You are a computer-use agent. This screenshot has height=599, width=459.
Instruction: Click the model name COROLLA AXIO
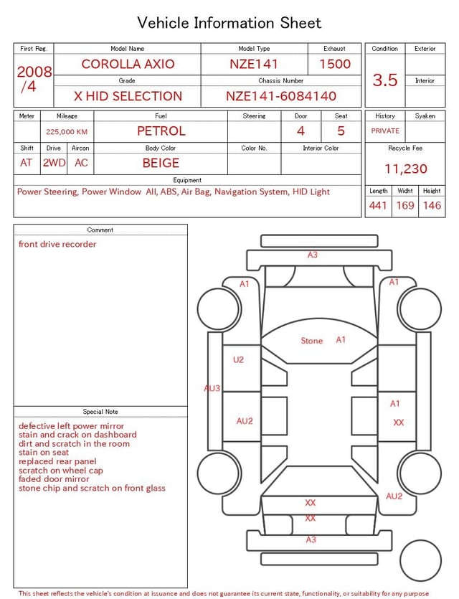pyautogui.click(x=128, y=64)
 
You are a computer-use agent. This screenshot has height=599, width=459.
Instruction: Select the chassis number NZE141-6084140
pyautogui.click(x=281, y=96)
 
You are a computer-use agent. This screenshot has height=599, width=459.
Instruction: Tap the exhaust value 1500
pyautogui.click(x=335, y=64)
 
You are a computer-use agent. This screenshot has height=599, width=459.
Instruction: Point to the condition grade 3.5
pyautogui.click(x=385, y=80)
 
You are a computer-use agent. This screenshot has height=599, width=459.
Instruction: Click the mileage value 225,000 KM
pyautogui.click(x=67, y=132)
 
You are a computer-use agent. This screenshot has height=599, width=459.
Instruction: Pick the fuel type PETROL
pyautogui.click(x=161, y=131)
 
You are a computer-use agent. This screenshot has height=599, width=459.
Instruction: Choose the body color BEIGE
pyautogui.click(x=161, y=163)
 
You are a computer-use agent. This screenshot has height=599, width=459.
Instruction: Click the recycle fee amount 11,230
pyautogui.click(x=406, y=169)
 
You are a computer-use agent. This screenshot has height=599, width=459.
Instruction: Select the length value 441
pyautogui.click(x=378, y=206)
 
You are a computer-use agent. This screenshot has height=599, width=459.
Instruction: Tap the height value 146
pyautogui.click(x=432, y=206)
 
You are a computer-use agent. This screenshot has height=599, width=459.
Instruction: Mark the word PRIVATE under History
pyautogui.click(x=385, y=131)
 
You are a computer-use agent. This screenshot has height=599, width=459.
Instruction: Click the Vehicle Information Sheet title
pyautogui.click(x=229, y=23)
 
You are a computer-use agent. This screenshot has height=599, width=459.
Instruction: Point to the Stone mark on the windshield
pyautogui.click(x=312, y=341)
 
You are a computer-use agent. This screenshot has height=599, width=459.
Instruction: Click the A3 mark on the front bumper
pyautogui.click(x=313, y=255)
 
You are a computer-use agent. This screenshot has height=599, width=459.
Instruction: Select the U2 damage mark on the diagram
pyautogui.click(x=238, y=359)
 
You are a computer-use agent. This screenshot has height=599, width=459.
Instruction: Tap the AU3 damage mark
pyautogui.click(x=212, y=388)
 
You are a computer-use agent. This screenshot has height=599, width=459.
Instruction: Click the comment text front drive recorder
pyautogui.click(x=57, y=244)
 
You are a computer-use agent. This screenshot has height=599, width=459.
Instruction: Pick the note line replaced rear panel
pyautogui.click(x=57, y=461)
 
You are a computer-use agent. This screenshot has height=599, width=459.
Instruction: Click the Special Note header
pyautogui.click(x=100, y=412)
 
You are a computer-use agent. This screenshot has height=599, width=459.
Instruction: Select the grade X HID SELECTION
pyautogui.click(x=128, y=96)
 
